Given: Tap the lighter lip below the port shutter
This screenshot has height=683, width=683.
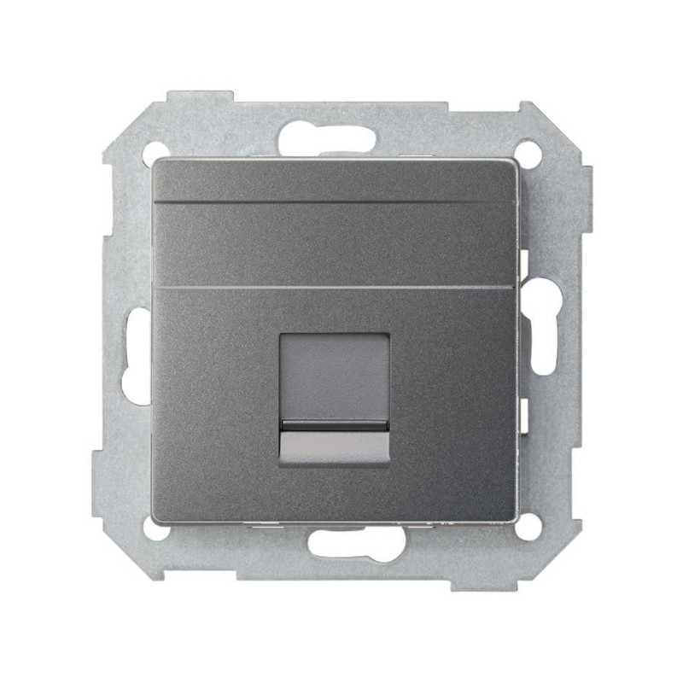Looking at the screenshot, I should pyautogui.click(x=334, y=447).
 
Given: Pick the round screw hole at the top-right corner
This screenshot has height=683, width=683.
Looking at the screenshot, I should pyautogui.click(x=529, y=155).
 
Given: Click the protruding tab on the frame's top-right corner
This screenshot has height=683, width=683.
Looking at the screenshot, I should pyautogui.click(x=546, y=114).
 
